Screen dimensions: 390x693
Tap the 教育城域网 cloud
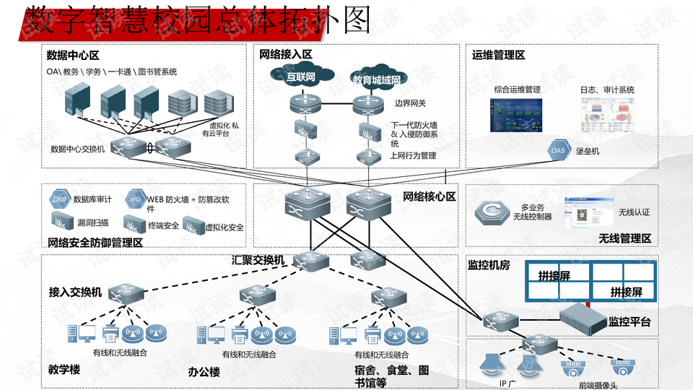point(376,79)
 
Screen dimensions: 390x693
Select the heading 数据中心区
point(72,56)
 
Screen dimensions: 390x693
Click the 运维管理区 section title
point(498,56)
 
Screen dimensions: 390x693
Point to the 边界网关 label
point(410,103)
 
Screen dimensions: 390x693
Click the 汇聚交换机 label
point(258,260)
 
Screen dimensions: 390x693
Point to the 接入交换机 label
point(75,292)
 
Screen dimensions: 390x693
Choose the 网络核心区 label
point(429,196)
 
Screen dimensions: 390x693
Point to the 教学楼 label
point(64,370)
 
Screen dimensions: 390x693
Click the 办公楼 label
point(204,372)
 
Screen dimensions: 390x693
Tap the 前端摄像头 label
point(596,385)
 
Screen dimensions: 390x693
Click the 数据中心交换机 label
point(78,149)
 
